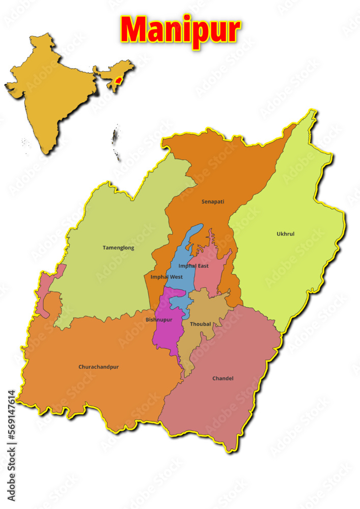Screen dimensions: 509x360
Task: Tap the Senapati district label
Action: click(x=213, y=202)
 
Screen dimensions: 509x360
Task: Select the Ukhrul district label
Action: click(x=286, y=234)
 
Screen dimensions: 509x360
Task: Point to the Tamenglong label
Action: click(x=119, y=248)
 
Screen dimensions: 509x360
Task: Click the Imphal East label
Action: click(x=193, y=266)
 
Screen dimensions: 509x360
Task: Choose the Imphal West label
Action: click(x=167, y=277)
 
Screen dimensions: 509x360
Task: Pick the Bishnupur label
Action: click(x=159, y=320)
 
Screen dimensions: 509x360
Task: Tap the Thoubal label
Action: click(x=201, y=324)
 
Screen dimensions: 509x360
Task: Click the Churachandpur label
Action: click(x=99, y=366)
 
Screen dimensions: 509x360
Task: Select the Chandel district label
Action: click(x=223, y=378)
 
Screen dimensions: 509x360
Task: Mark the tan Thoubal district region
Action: click(x=201, y=338)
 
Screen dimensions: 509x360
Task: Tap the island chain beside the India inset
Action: click(x=116, y=143)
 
